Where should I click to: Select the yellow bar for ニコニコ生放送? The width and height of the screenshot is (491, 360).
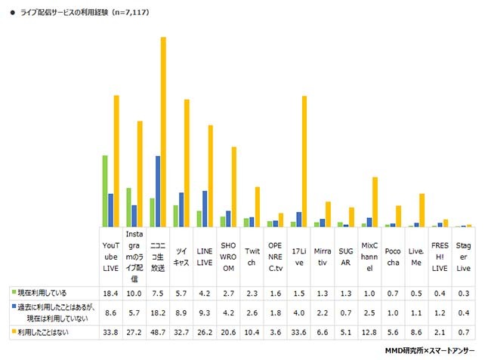[163, 132]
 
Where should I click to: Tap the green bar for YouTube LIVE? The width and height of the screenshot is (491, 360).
[105, 191]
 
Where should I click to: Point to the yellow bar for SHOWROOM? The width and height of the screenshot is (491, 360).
[234, 186]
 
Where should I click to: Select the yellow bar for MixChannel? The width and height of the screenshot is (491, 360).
[375, 202]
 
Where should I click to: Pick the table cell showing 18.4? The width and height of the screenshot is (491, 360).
[110, 292]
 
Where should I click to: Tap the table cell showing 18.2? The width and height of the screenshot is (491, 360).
[157, 310]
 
